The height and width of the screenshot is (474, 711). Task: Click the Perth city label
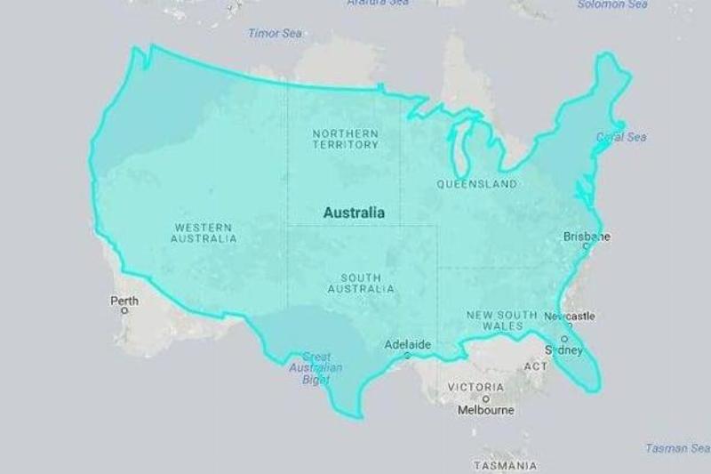pyautogui.click(x=124, y=301)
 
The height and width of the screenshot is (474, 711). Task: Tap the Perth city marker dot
pyautogui.click(x=124, y=311)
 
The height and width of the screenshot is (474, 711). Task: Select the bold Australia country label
pyautogui.click(x=354, y=213)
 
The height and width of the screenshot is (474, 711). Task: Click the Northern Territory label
pyautogui.click(x=345, y=139)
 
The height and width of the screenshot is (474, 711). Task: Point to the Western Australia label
pyautogui.click(x=204, y=233)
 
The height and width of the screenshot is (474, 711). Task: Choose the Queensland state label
pyautogui.click(x=476, y=184)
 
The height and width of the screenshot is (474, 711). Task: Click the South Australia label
pyautogui.click(x=361, y=284)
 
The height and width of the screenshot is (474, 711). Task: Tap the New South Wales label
pyautogui.click(x=501, y=321)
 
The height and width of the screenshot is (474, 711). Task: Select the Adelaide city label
pyautogui.click(x=407, y=344)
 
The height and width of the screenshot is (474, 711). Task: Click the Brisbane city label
pyautogui.click(x=587, y=237)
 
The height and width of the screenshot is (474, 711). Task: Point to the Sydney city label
pyautogui.click(x=563, y=349)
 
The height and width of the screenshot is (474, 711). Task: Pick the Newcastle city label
pyautogui.click(x=570, y=316)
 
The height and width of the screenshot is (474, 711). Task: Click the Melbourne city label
pyautogui.click(x=485, y=411)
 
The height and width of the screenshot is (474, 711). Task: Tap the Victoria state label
pyautogui.click(x=475, y=388)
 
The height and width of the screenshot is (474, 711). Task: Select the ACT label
pyautogui.click(x=536, y=366)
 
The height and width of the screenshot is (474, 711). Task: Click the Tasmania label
pyautogui.click(x=505, y=466)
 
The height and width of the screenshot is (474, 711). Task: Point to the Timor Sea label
pyautogui.click(x=275, y=34)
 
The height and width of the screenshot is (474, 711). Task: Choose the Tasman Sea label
pyautogui.click(x=677, y=448)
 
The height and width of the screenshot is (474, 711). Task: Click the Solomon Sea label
pyautogui.click(x=612, y=4)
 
